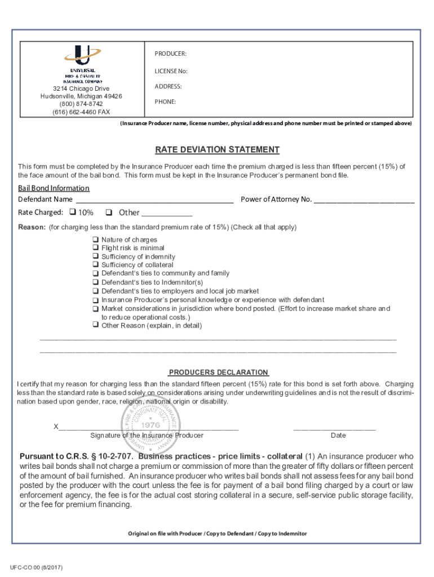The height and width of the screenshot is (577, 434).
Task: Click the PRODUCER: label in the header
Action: tap(171, 54)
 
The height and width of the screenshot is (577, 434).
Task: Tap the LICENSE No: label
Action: tap(171, 71)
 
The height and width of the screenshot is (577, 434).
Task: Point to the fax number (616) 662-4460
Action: tap(82, 112)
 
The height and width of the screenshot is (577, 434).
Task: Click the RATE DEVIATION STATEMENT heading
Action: tap(217, 150)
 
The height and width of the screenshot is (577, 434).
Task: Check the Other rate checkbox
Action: tap(109, 212)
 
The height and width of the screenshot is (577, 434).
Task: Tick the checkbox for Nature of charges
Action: tap(95, 239)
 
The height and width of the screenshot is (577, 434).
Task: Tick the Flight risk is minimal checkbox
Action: tap(95, 248)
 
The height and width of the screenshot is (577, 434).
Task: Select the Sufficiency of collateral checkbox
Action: tap(95, 265)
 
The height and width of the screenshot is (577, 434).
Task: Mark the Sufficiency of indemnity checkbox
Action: tap(95, 256)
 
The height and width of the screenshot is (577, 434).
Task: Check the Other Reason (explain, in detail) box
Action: tap(95, 326)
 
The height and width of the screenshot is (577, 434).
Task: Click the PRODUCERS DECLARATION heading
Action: tap(219, 372)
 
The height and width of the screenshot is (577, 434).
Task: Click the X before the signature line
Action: tap(56, 427)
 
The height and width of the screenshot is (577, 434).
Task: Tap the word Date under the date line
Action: tap(338, 436)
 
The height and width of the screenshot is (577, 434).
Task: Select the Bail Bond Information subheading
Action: tap(54, 188)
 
